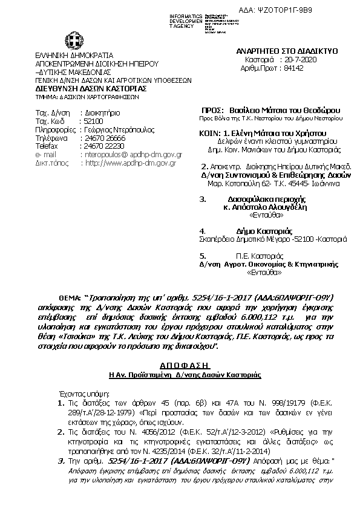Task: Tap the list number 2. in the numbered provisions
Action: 60,433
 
